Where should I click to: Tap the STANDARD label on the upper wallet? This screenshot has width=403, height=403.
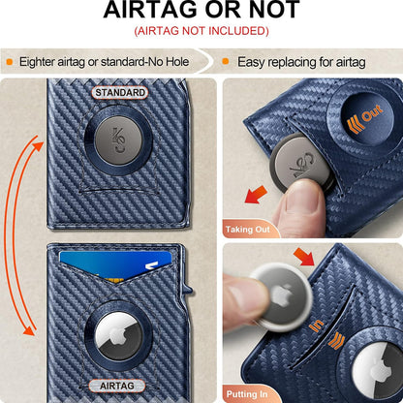[x=120, y=93]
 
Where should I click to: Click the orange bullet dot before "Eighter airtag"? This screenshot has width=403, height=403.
[x=10, y=61]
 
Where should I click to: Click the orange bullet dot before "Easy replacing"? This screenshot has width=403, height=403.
[x=225, y=61]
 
